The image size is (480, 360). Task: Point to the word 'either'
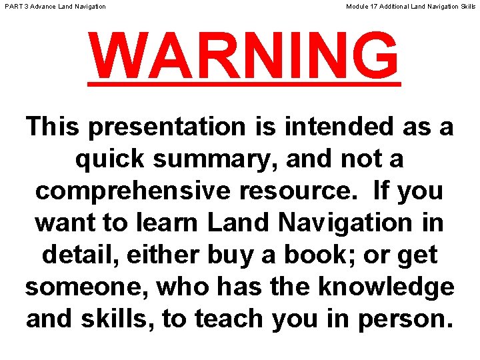(166, 255)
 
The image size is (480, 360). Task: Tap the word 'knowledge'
(386, 287)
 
